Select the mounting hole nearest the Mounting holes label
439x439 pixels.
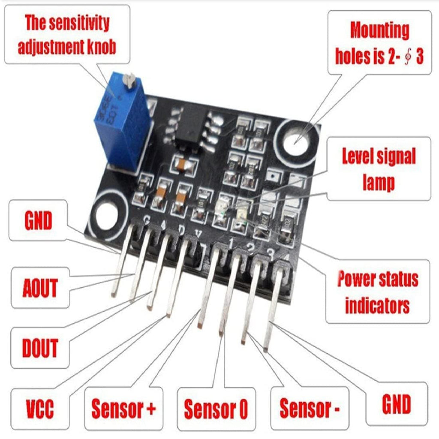click(x=297, y=139)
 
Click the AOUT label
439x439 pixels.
click(x=40, y=288)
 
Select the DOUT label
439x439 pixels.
click(x=40, y=348)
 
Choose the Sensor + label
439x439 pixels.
click(x=123, y=409)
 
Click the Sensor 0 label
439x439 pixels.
click(x=216, y=409)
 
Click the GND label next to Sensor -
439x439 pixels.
click(x=396, y=404)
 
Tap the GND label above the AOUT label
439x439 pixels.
click(x=38, y=221)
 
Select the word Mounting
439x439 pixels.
click(x=380, y=30)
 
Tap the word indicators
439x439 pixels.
click(x=377, y=306)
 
